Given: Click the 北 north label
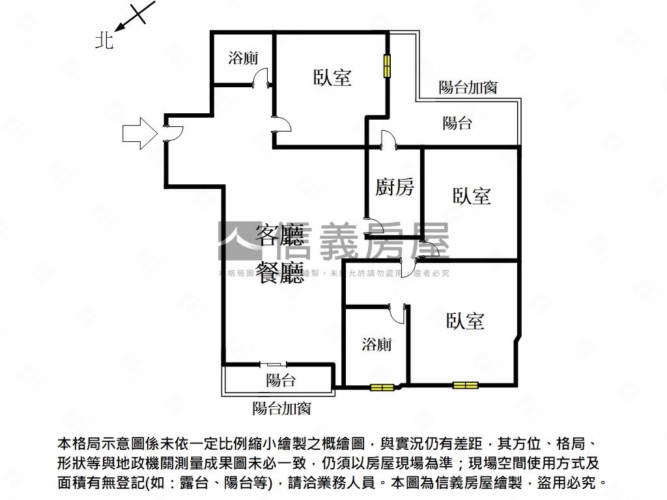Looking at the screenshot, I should [x=104, y=42].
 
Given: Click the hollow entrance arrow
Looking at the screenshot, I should [x=139, y=133].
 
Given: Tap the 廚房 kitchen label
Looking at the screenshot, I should [x=395, y=188].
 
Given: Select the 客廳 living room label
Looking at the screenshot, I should [x=279, y=236].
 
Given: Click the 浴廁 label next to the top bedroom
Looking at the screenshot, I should [x=243, y=58].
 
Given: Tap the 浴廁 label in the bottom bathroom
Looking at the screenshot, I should [x=376, y=344].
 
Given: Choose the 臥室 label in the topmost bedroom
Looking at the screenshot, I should [x=332, y=77].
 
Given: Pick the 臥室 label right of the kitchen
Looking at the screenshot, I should [x=472, y=196].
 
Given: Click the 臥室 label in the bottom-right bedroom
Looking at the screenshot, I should [x=465, y=321].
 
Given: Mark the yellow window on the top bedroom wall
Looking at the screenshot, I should [x=386, y=66].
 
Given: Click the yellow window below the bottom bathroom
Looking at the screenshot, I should [x=382, y=387].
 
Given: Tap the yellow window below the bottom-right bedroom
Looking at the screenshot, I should [x=465, y=385].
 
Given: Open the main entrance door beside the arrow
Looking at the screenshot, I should [x=173, y=133].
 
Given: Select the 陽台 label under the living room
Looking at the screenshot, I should [x=281, y=380].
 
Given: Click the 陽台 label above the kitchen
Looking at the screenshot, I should [x=457, y=123].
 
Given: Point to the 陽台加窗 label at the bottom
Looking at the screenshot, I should [x=281, y=409].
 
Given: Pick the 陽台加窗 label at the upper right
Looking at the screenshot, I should [x=468, y=87].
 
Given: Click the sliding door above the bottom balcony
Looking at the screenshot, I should [x=271, y=365].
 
